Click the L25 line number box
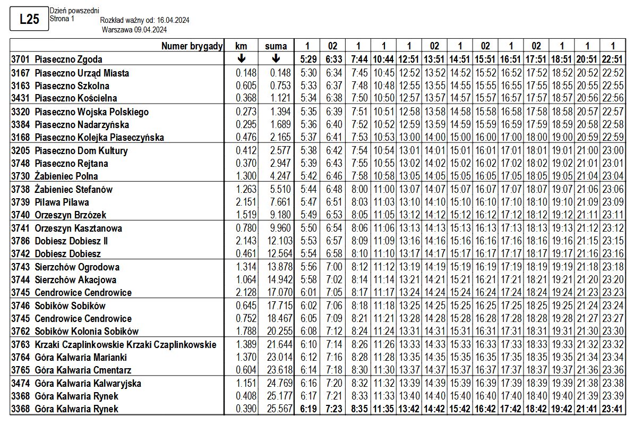29,20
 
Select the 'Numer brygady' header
192,46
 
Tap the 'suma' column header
276,46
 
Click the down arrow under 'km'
241,59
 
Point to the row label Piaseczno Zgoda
68,60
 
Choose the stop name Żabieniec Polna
66,176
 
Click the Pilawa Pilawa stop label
62,202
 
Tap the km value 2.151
246,202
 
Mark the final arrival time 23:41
613,409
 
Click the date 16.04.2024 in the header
170,20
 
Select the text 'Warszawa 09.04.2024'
134,30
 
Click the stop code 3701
20,60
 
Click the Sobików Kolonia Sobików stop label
87,331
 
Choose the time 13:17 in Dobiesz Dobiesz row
409,253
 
